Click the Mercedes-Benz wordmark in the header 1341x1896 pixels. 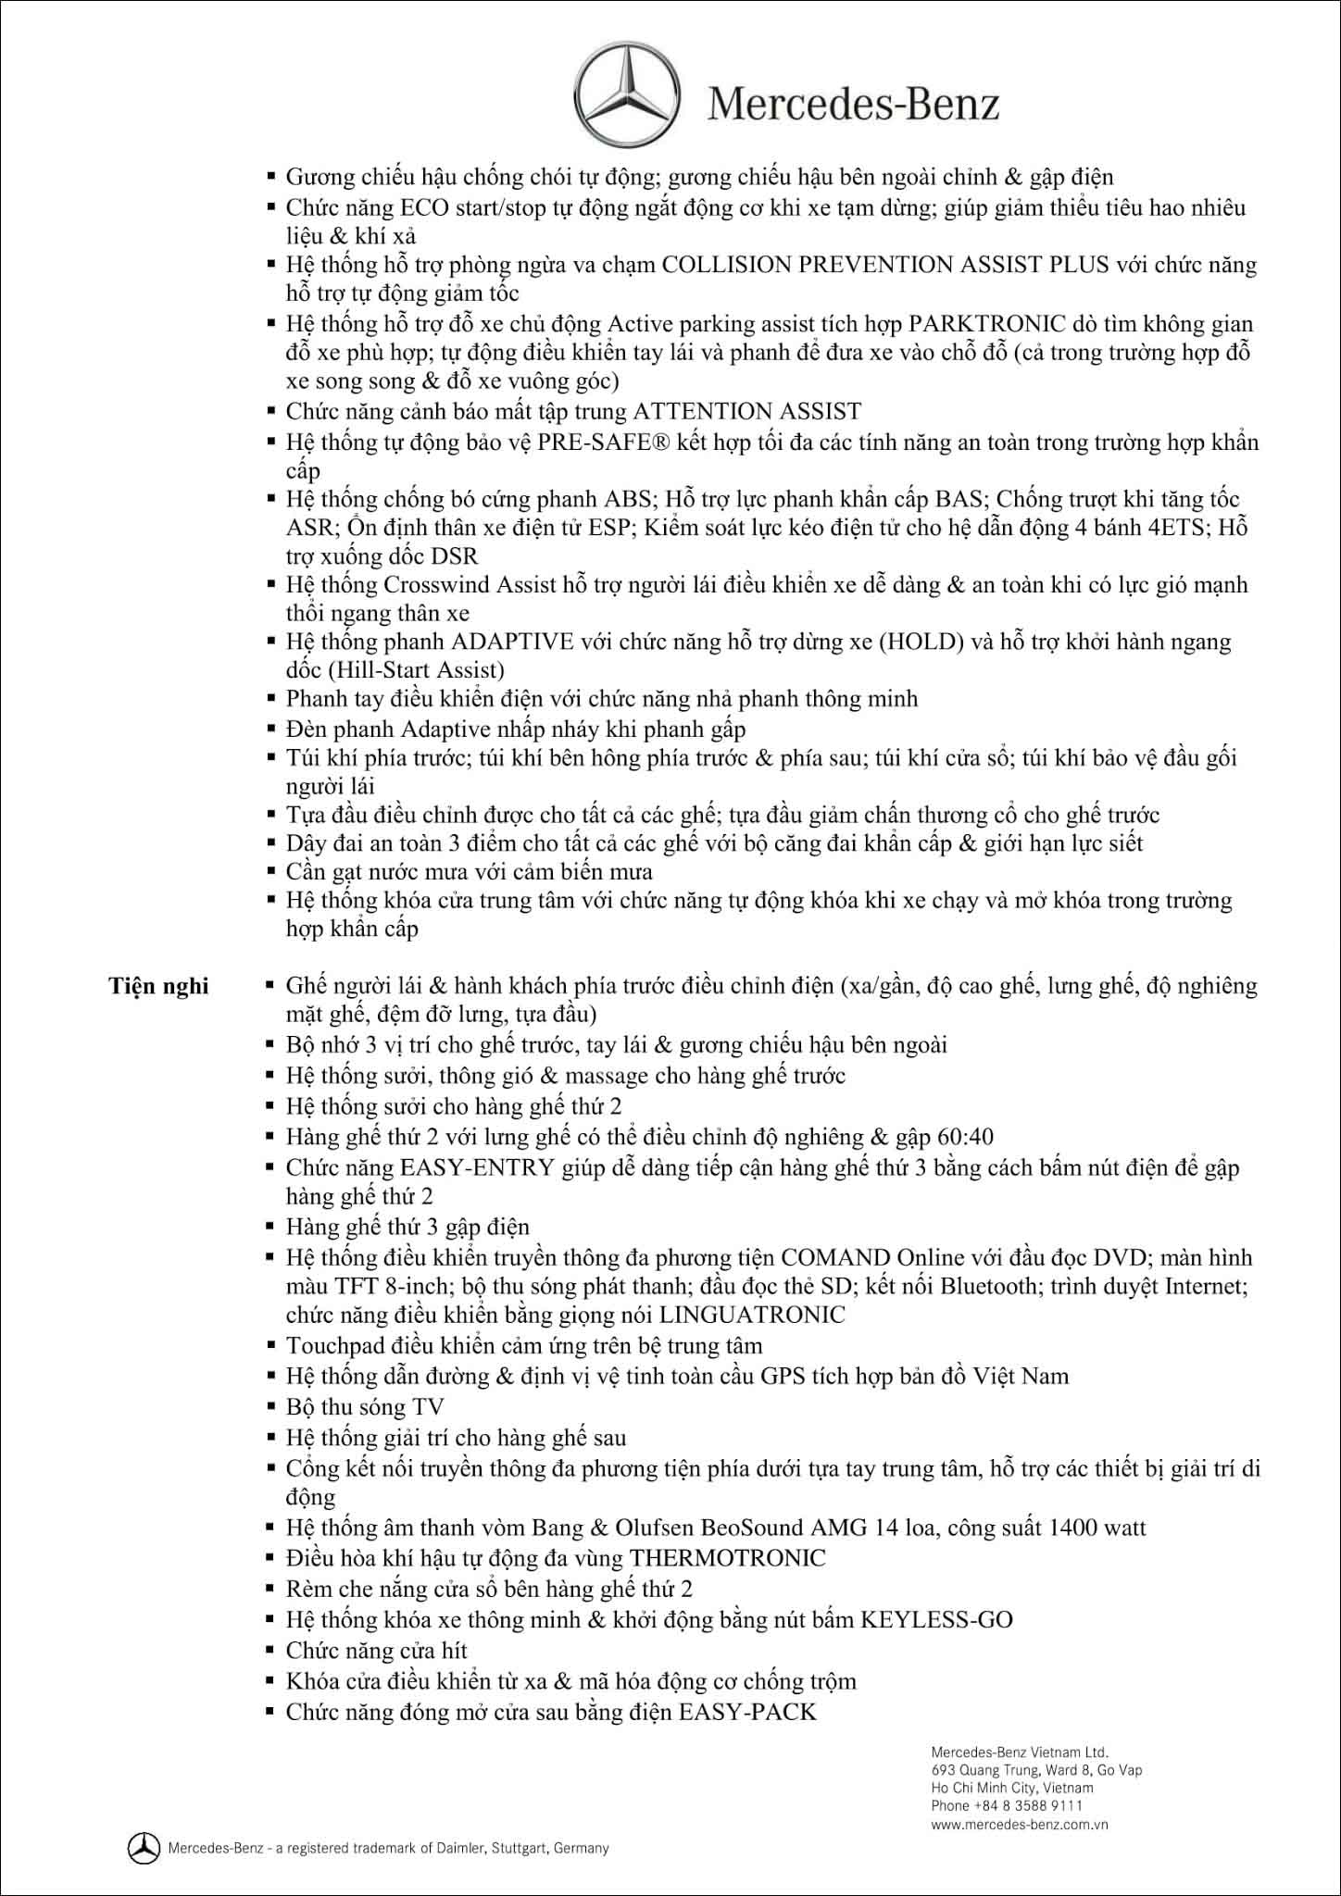tap(853, 104)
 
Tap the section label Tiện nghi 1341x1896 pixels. tap(158, 985)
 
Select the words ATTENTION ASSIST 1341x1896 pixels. tap(746, 411)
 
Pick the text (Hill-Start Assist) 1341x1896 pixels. tap(395, 670)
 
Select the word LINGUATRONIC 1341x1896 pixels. tap(753, 1316)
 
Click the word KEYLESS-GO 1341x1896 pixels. tap(936, 1619)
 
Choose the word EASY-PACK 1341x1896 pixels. tap(747, 1712)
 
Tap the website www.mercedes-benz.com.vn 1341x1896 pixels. tap(1020, 1825)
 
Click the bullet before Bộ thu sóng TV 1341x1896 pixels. tap(270, 1407)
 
